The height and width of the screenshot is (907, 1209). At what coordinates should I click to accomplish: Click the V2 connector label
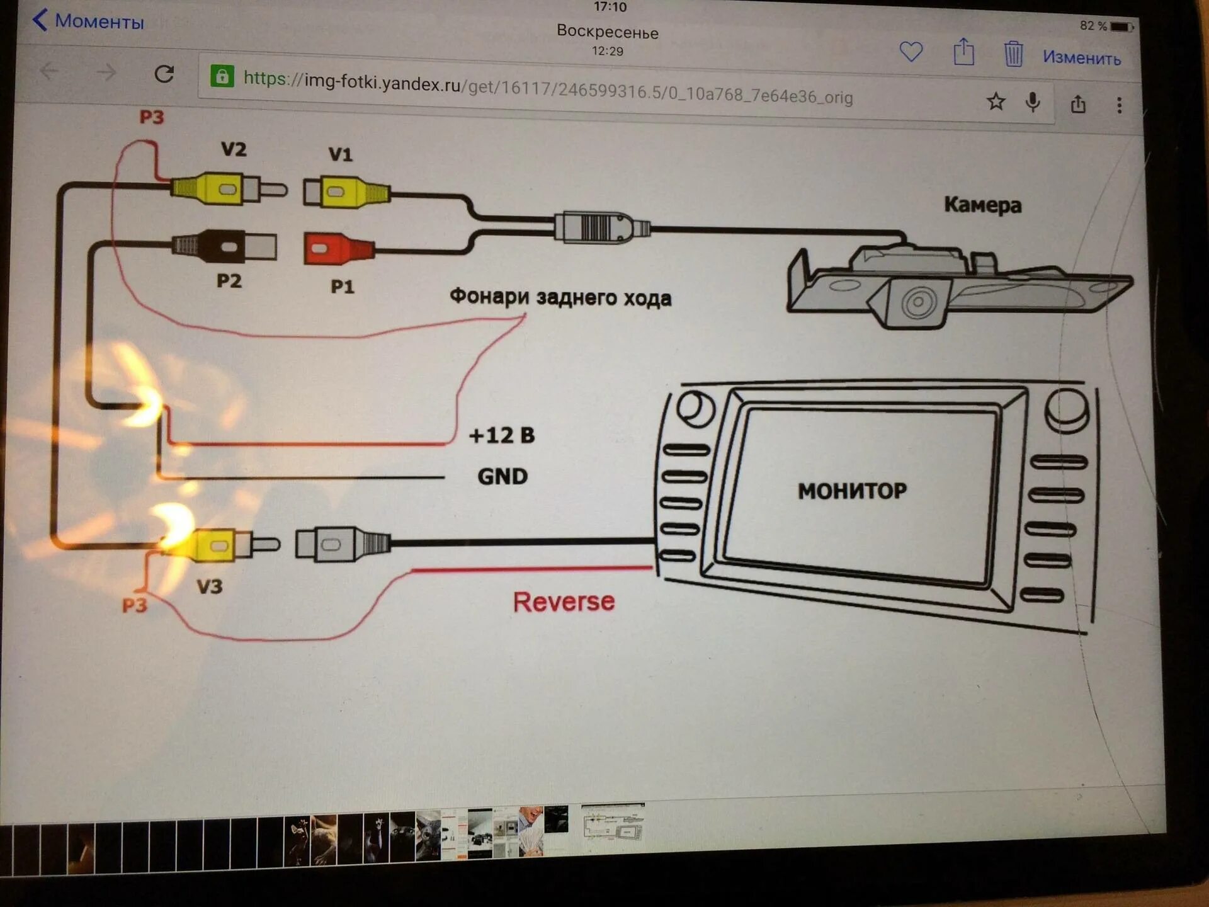234,150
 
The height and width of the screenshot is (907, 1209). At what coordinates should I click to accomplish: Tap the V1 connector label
340,155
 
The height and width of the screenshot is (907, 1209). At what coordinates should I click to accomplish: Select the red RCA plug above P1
338,248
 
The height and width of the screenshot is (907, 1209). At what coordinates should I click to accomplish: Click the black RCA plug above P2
224,246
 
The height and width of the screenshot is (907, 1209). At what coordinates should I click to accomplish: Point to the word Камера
982,205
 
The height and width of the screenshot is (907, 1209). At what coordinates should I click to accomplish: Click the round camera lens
918,302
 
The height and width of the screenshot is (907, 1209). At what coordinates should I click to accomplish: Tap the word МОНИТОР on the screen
852,491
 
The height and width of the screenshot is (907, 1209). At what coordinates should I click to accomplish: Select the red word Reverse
564,602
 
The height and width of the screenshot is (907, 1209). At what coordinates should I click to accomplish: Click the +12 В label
501,435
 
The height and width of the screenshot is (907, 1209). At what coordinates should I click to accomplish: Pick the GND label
502,476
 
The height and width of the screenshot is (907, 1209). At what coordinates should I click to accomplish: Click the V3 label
210,587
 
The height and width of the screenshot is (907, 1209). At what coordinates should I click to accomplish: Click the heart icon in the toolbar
911,52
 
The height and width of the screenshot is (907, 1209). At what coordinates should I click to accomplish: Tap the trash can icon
1013,54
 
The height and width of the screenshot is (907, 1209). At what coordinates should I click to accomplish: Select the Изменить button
1081,58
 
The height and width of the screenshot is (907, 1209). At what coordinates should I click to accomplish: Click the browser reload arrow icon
164,74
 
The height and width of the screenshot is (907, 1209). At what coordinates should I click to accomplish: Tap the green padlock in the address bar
222,76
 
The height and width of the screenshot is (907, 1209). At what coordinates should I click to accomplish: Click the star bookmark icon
996,101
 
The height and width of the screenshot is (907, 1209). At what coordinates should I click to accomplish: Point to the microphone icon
1033,102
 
